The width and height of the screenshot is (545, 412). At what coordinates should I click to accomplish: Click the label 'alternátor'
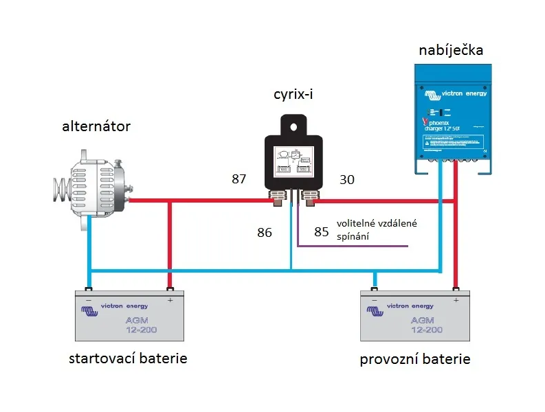(96, 126)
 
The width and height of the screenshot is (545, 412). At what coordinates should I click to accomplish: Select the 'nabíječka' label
(451, 51)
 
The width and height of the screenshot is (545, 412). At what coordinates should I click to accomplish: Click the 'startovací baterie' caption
(128, 359)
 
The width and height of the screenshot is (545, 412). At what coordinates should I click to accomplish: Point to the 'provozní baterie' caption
(415, 360)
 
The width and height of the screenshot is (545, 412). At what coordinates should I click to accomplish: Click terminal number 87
(238, 180)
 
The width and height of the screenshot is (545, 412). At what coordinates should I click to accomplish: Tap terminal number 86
(264, 233)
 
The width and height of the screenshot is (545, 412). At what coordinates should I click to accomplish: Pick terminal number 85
(322, 232)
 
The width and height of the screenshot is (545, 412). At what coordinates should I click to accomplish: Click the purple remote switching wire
(357, 246)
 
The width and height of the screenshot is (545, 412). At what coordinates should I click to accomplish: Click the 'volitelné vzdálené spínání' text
(376, 231)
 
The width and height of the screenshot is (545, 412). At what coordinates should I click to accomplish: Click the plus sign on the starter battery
(169, 300)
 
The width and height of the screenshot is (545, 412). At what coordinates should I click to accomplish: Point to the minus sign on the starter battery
(89, 300)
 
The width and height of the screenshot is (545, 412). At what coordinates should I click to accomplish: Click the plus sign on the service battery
(455, 300)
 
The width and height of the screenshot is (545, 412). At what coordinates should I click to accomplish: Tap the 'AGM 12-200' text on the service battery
(426, 325)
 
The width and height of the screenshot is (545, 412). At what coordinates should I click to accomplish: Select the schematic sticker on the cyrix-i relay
(295, 162)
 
